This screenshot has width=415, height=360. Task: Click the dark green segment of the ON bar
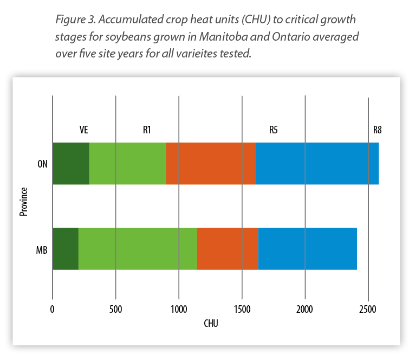[71, 164]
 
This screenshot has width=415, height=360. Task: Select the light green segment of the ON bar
[127, 164]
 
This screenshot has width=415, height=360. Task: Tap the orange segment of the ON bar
[211, 164]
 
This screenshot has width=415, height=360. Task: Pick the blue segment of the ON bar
[317, 164]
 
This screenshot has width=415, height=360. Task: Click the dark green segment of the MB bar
[66, 249]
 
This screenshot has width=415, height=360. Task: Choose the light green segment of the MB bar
[138, 249]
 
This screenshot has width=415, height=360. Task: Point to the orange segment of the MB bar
[228, 249]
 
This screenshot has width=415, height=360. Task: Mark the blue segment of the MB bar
[307, 249]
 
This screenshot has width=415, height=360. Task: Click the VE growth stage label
[83, 130]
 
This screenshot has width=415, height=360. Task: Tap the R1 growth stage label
[147, 130]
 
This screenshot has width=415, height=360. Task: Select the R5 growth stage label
[274, 130]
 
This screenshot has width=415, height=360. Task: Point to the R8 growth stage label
[378, 130]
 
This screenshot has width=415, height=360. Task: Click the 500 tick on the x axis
[115, 309]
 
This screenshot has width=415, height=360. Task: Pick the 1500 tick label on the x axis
[242, 309]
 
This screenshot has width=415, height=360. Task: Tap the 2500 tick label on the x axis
[368, 309]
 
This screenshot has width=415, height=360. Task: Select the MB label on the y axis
[41, 250]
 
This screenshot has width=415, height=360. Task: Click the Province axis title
[23, 202]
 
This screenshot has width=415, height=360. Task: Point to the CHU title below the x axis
[211, 324]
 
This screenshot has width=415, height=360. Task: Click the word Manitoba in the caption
[212, 37]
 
